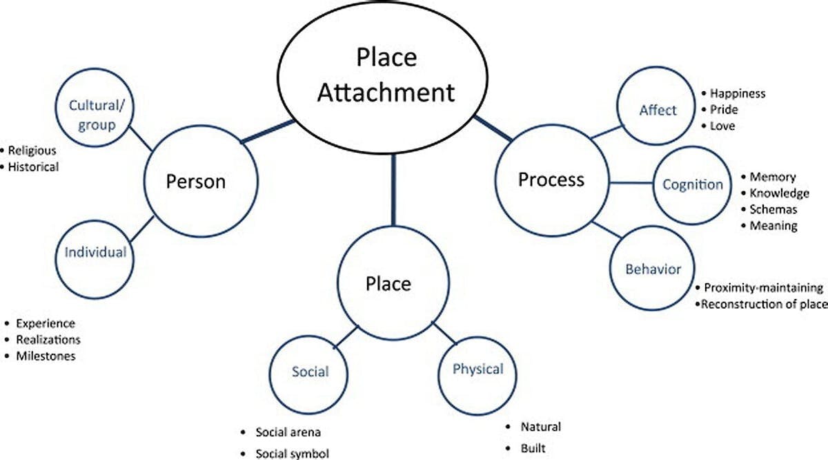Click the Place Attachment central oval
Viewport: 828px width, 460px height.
click(386, 74)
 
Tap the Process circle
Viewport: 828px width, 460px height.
click(551, 180)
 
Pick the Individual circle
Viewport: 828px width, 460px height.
click(95, 253)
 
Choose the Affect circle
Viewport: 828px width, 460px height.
click(657, 110)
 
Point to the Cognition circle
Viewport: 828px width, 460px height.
click(692, 184)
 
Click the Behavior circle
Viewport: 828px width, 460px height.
click(652, 269)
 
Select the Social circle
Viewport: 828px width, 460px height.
click(310, 372)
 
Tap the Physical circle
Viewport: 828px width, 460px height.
click(477, 370)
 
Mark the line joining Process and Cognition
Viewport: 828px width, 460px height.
click(631, 183)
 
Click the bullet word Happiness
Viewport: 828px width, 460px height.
click(738, 93)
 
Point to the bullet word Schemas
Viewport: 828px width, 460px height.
click(773, 209)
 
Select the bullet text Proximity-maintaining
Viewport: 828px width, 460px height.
click(764, 288)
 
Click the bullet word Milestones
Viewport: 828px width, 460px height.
click(46, 356)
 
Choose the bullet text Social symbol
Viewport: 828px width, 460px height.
click(292, 454)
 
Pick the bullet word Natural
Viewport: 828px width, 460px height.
click(541, 427)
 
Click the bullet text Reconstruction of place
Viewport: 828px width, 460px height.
click(764, 304)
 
